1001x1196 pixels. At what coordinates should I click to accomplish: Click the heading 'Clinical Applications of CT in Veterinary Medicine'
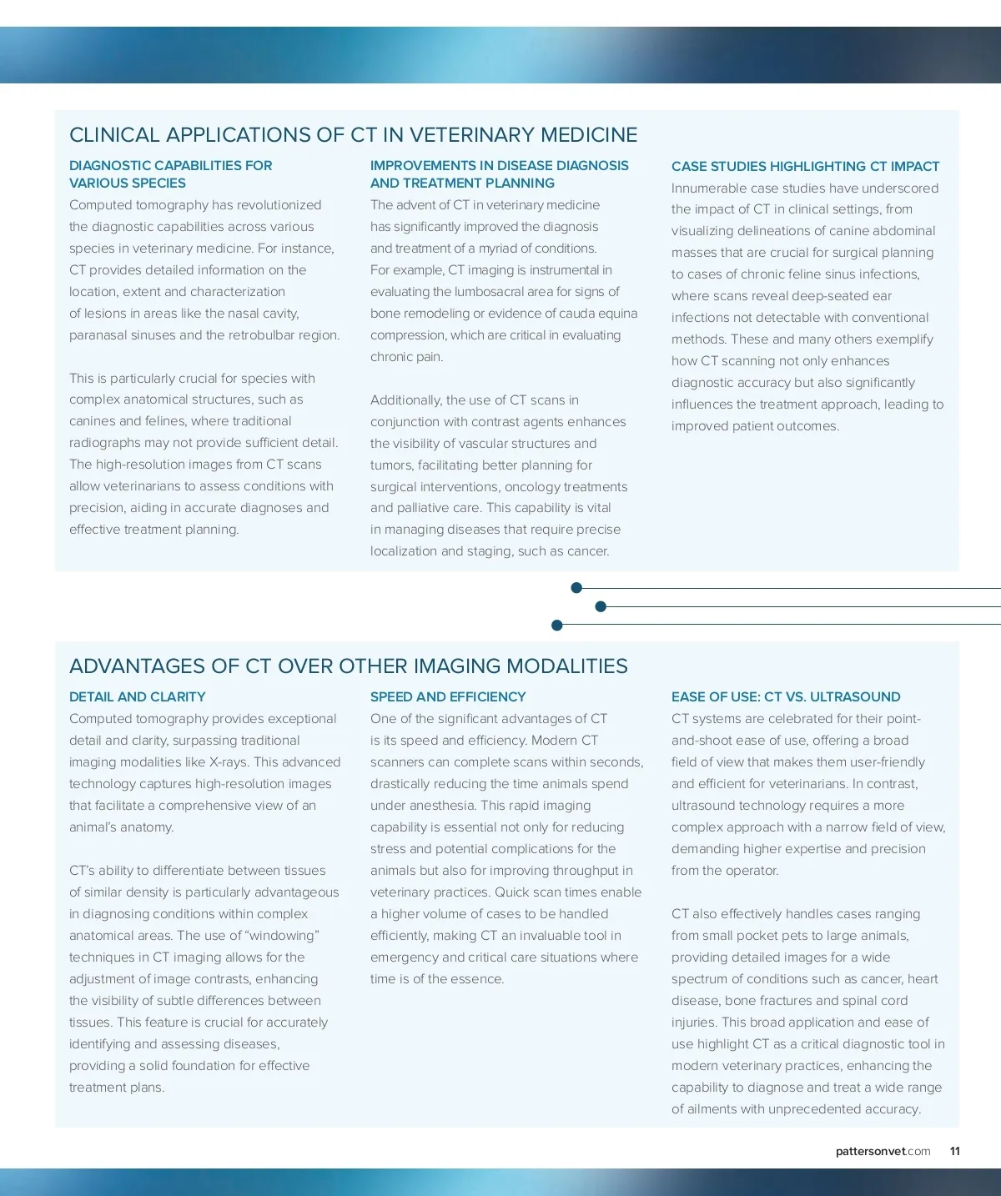point(353,135)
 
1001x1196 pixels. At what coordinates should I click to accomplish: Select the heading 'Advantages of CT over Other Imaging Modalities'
point(348,666)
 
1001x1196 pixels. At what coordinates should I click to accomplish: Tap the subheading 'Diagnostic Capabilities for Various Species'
point(170,174)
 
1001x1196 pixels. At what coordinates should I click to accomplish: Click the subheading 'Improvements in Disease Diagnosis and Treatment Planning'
point(499,174)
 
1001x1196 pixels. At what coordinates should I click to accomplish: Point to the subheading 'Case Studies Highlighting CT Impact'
point(805,167)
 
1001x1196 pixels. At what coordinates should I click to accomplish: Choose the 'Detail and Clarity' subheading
point(137,697)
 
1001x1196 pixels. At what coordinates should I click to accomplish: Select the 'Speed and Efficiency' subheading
point(447,697)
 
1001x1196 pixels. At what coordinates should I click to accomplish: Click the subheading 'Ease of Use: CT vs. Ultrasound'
point(785,697)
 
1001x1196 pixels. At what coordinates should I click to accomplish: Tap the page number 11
point(954,1151)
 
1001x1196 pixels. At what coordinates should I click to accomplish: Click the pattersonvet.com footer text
point(883,1151)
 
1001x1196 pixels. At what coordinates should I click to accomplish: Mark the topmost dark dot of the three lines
point(576,588)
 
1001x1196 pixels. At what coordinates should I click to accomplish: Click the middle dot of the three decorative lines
point(601,606)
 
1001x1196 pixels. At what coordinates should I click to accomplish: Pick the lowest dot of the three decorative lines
point(557,625)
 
